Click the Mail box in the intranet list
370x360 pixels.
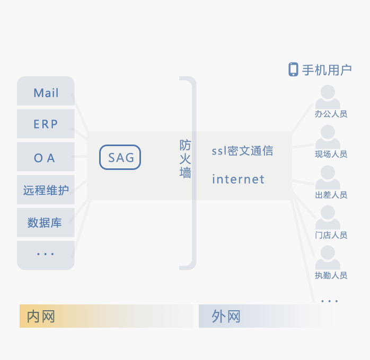click(46, 93)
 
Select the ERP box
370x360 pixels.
click(46, 124)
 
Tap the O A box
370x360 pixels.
click(45, 158)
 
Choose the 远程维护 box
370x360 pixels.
click(46, 190)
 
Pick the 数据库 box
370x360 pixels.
click(45, 223)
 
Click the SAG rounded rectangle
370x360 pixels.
click(120, 158)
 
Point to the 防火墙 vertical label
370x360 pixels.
click(185, 159)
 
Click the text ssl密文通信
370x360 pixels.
click(242, 151)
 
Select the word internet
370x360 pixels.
click(238, 179)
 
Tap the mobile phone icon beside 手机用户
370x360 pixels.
click(293, 69)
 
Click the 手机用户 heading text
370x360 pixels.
click(327, 70)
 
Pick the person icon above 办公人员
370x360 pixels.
click(328, 97)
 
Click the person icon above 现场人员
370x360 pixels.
click(328, 137)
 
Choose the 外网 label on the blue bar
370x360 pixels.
click(226, 317)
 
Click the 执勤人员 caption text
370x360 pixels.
click(331, 275)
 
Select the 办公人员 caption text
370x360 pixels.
click(331, 114)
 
